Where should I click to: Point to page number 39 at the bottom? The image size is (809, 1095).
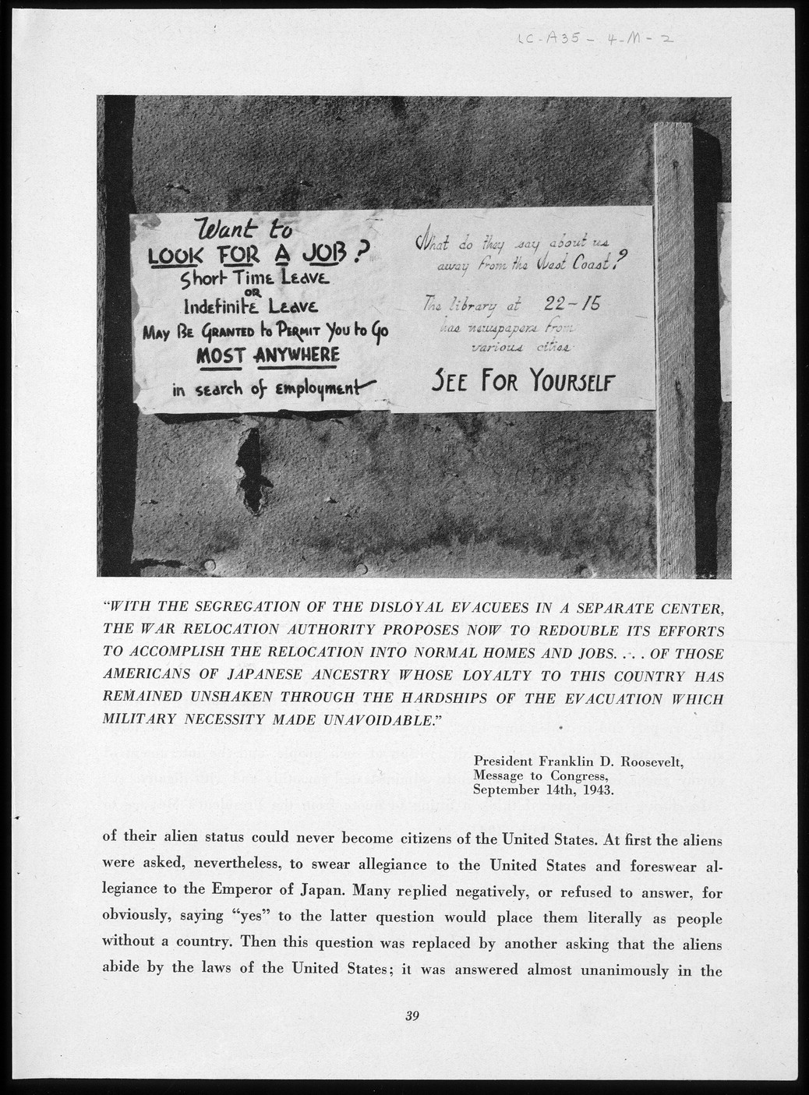coord(412,1015)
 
